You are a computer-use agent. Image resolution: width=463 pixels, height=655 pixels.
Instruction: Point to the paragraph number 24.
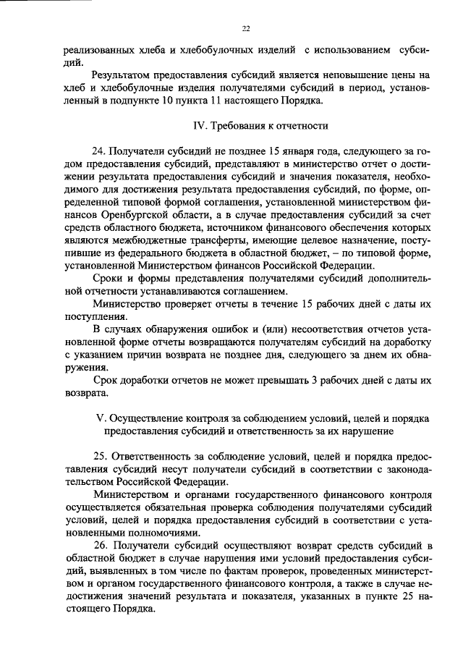tap(101, 151)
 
